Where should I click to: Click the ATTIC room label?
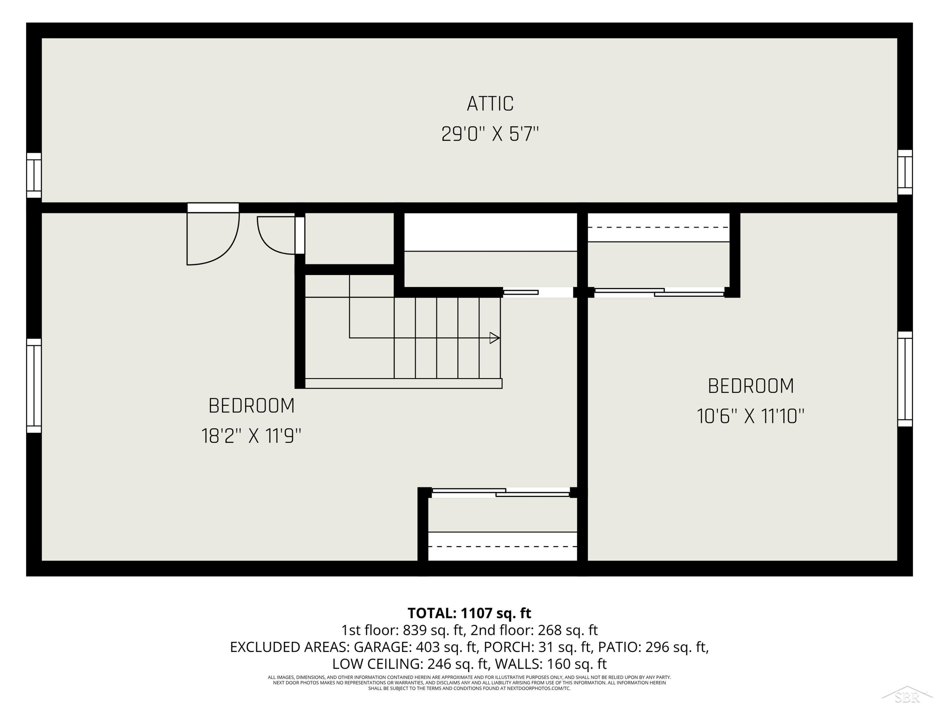[490, 104]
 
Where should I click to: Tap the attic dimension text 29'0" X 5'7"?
[490, 134]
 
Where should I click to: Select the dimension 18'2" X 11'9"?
[251, 436]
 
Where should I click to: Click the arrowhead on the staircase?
[495, 338]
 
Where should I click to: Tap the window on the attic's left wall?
[34, 175]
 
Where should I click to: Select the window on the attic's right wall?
[905, 172]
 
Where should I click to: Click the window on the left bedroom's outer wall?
[34, 385]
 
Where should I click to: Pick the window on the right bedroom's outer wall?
[905, 379]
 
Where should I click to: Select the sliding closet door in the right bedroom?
[659, 292]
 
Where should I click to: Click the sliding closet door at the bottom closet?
[501, 492]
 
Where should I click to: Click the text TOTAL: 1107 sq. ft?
[469, 613]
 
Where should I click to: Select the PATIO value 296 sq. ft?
[677, 647]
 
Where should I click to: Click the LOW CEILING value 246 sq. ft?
[458, 664]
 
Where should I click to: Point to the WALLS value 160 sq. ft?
[577, 664]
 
